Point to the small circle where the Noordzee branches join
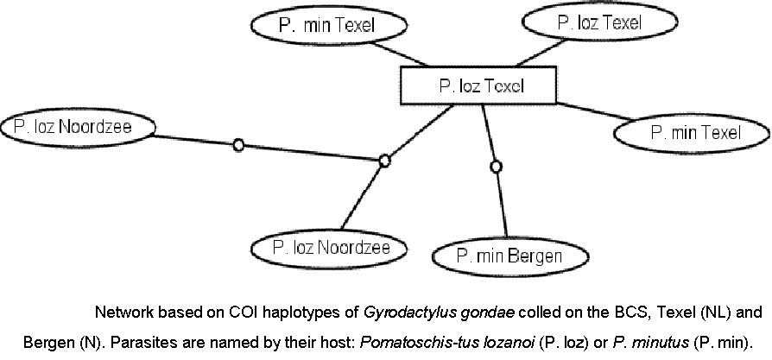pyautogui.click(x=385, y=159)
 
